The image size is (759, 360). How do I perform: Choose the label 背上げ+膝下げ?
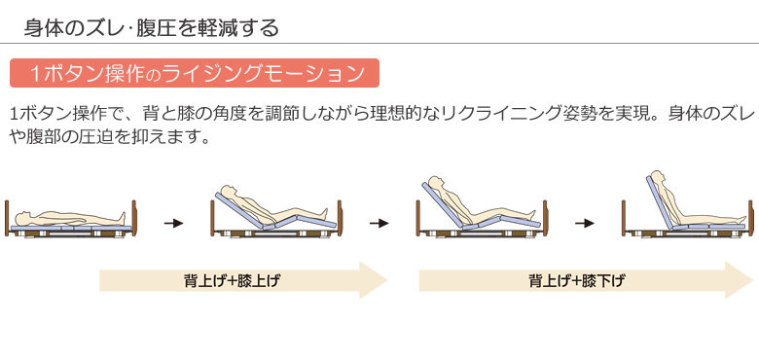(x=577, y=282)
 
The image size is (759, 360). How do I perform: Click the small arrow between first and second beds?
(x=173, y=224)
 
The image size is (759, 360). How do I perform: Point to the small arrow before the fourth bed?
(x=585, y=224)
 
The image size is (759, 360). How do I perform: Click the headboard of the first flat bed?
(x=7, y=219)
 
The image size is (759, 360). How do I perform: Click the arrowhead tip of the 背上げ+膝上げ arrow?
(x=386, y=281)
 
